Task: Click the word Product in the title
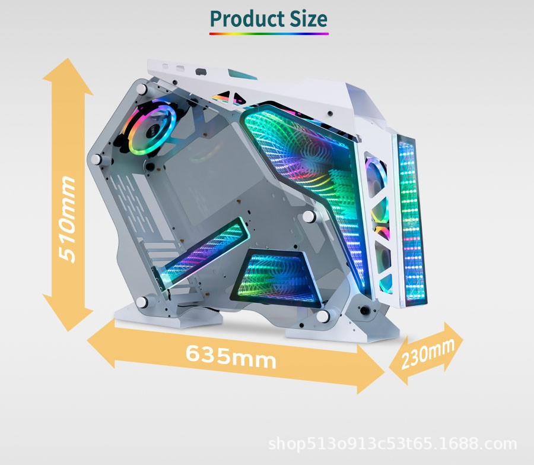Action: point(247,20)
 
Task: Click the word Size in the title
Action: point(309,19)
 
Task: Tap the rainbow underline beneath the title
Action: point(269,34)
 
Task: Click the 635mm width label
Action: point(231,356)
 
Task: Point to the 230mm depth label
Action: point(427,353)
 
